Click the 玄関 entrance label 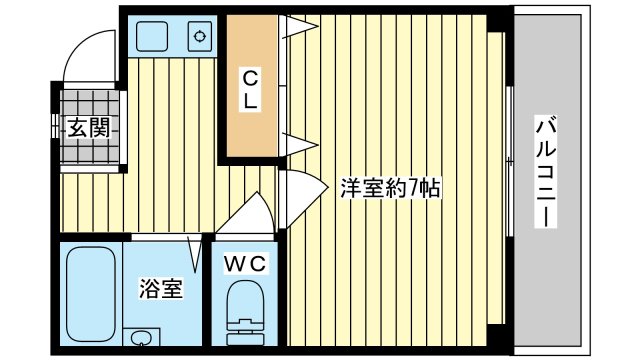88,127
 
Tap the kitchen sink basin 157,37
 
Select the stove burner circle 200,38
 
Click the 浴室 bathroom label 160,290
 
